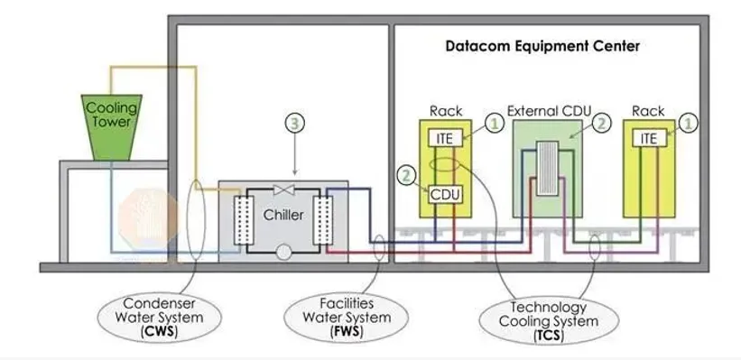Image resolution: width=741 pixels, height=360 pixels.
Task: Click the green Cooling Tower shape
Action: coord(112,127)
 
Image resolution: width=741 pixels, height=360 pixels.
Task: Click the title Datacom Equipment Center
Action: coord(543,46)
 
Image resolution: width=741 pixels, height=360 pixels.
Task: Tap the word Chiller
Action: coord(283,215)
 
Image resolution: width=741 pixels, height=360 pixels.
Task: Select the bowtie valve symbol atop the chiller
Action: coord(284,189)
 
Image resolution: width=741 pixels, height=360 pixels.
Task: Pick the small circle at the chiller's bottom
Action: coord(283,253)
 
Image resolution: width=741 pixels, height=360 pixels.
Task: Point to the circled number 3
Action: coord(295,123)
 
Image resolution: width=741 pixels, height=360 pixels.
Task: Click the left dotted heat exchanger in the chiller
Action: coord(244,219)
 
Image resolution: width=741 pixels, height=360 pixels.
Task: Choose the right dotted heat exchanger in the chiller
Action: coord(323,219)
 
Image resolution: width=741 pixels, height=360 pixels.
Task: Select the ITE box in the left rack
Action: coord(445,138)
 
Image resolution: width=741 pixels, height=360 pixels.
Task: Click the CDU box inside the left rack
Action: coord(445,195)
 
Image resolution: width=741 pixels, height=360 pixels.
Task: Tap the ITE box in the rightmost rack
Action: coord(649,138)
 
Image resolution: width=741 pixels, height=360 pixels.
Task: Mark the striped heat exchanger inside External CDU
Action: coord(548,168)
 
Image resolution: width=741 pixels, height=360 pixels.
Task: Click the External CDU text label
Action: coord(549,112)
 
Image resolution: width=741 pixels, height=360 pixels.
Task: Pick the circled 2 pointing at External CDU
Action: coord(602,123)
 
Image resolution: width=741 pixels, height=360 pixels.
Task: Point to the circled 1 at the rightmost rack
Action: coord(689,123)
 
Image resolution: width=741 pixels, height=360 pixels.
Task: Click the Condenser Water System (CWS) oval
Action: coord(159,317)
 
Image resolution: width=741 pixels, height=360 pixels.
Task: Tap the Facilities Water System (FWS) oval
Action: coord(347,317)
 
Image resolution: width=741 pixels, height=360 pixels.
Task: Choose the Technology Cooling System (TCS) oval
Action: coord(549,321)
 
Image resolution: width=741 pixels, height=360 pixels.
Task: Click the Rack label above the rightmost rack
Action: coord(648,112)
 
